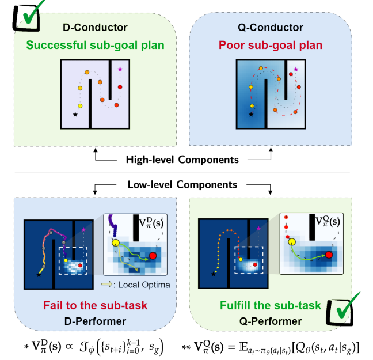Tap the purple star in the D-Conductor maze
(x=120, y=69)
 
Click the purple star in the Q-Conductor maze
(x=296, y=69)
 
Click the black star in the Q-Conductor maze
(x=251, y=114)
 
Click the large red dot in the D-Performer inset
(x=153, y=255)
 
